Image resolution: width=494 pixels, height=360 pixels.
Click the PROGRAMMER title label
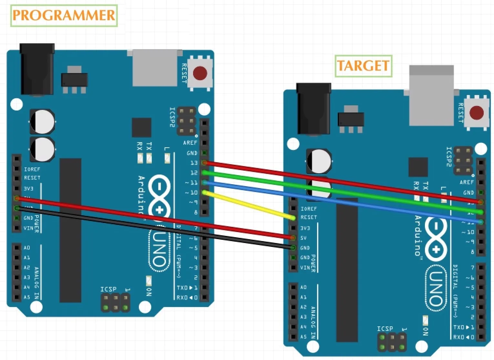coord(64,16)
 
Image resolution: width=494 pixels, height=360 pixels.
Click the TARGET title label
coord(363,66)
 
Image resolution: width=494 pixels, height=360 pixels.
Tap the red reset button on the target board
coord(476,113)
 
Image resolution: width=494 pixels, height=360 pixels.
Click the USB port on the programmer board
coord(155,68)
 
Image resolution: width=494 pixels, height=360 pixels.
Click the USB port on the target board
coord(431,95)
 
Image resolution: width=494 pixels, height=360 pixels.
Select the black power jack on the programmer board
coord(37,69)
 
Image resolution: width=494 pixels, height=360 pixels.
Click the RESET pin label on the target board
coord(309,217)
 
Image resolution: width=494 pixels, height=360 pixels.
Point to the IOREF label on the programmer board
coord(32,169)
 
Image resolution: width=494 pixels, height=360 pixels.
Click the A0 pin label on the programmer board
coord(27,248)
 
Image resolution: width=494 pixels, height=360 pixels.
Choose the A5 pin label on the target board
coord(304,337)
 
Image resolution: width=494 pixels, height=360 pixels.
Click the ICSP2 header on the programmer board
coord(186,122)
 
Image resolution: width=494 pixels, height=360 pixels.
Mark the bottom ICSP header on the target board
coord(392,342)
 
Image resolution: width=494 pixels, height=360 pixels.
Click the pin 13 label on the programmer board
coord(194,163)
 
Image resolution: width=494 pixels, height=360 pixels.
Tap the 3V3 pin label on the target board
coord(305,228)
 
